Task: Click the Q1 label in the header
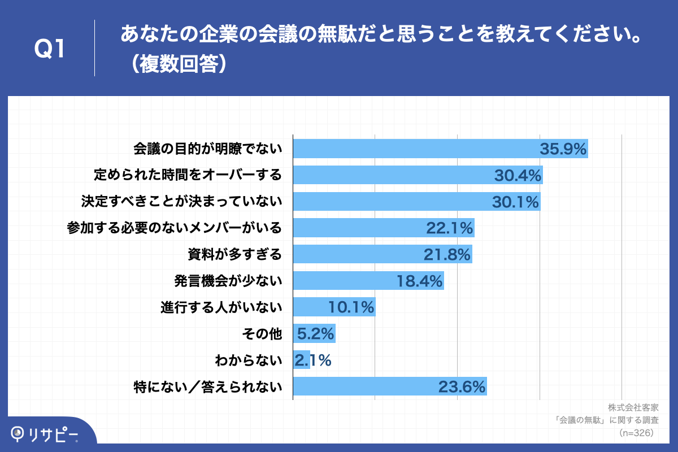(x=51, y=49)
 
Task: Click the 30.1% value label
(x=516, y=202)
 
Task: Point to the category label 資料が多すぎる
(x=234, y=254)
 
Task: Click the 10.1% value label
(x=351, y=307)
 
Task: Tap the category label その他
(x=262, y=334)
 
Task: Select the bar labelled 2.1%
(x=302, y=360)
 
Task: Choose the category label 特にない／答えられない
(x=207, y=386)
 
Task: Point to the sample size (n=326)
(x=636, y=433)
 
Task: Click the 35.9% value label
(x=563, y=149)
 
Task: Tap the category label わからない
(x=248, y=360)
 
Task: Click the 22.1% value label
(x=449, y=228)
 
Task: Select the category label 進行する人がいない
(x=221, y=307)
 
